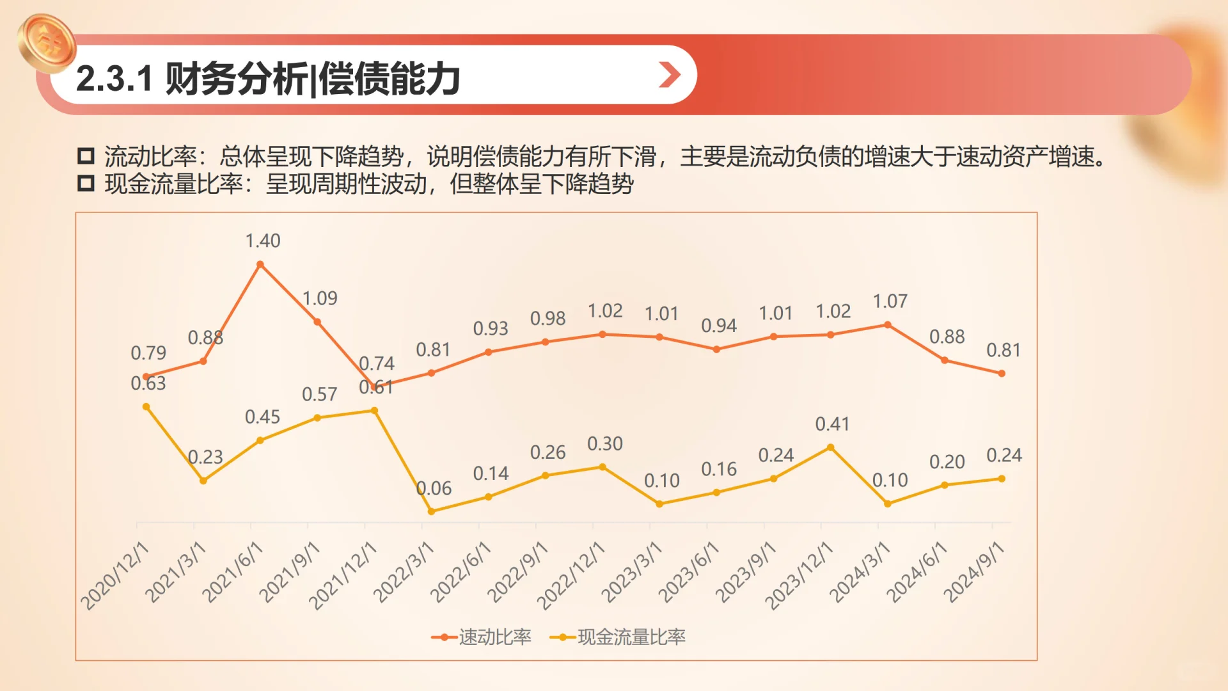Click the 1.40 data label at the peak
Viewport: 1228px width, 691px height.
tap(263, 241)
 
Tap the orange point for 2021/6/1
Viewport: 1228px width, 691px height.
tap(260, 264)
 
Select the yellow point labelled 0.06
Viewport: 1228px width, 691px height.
tap(431, 511)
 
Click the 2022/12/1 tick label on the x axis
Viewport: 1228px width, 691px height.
tap(571, 575)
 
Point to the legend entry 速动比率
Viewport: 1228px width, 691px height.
tap(482, 637)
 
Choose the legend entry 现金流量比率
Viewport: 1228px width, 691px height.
tap(618, 637)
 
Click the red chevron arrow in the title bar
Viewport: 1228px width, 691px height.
tap(669, 75)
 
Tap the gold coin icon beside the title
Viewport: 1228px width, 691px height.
tap(47, 43)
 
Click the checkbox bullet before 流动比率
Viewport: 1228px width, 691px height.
tap(86, 155)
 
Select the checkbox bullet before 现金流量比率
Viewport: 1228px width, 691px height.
tap(86, 184)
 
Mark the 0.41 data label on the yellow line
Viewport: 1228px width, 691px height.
tap(832, 424)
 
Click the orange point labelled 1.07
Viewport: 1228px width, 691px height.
tap(887, 325)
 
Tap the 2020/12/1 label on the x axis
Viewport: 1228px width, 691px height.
tap(114, 575)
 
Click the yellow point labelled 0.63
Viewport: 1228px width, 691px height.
tap(146, 407)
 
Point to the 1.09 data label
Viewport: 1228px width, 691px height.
tap(320, 298)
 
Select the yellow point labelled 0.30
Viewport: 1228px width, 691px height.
tap(602, 467)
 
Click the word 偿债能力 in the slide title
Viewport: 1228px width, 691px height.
tap(389, 79)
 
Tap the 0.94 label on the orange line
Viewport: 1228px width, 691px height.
tap(719, 326)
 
